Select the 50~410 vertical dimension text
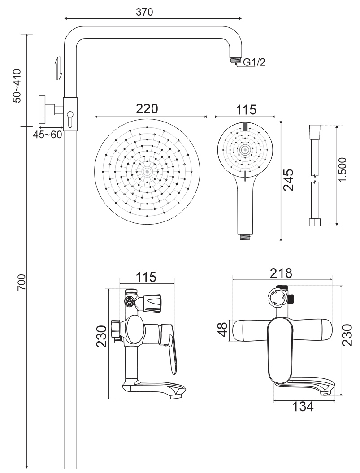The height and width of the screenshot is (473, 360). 17,86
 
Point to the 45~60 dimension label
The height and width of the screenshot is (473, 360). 47,135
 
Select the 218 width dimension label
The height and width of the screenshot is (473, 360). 282,273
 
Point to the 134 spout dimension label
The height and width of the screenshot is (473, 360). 303,407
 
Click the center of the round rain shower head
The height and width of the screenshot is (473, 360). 147,171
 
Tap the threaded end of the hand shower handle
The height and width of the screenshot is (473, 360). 245,236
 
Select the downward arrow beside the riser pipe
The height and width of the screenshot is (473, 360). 58,68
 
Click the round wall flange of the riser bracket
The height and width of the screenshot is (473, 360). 42,109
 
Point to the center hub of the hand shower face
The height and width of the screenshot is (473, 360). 245,149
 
